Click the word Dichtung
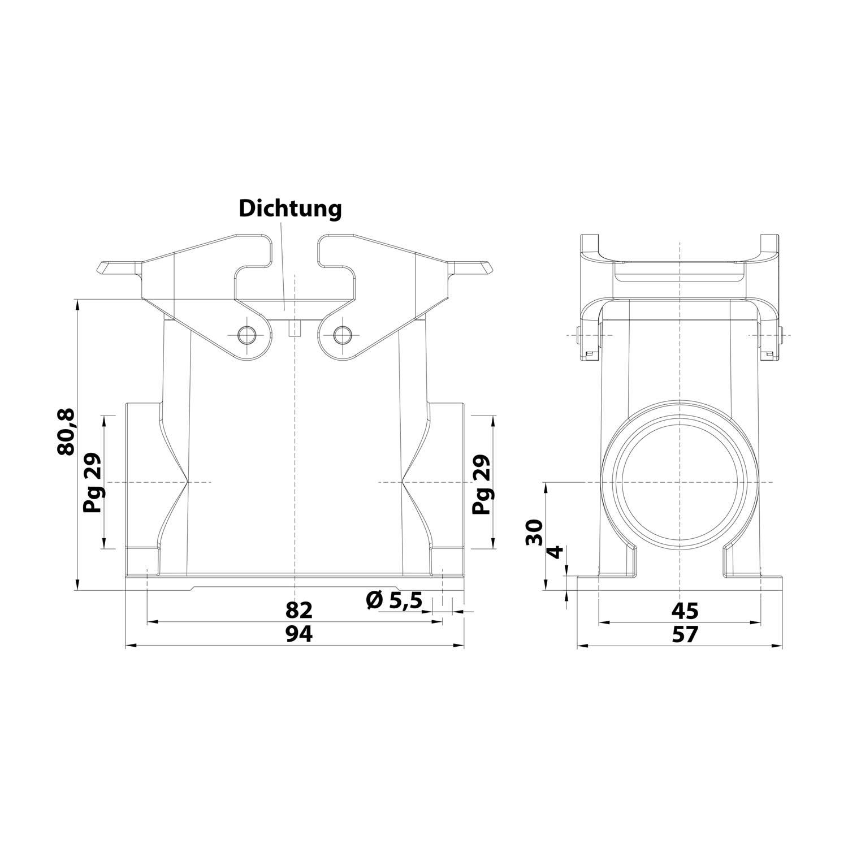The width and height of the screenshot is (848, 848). click(x=290, y=209)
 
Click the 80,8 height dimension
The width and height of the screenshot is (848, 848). click(x=66, y=432)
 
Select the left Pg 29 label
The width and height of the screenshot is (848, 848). click(x=92, y=483)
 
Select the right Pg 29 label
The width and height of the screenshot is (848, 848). click(x=482, y=483)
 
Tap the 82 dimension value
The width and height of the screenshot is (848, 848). click(x=298, y=610)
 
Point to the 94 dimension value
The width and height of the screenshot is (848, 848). click(x=298, y=635)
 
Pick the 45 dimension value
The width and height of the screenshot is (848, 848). click(x=685, y=611)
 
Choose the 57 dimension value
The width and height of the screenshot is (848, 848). click(x=685, y=635)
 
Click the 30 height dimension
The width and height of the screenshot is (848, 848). click(x=534, y=532)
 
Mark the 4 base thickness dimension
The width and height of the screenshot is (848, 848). click(x=557, y=552)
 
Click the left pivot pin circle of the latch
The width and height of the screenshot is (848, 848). click(x=246, y=335)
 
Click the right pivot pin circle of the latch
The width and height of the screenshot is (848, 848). click(x=342, y=335)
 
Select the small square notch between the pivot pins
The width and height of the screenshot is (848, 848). click(x=294, y=328)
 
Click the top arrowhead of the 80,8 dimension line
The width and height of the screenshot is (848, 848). click(x=77, y=304)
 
